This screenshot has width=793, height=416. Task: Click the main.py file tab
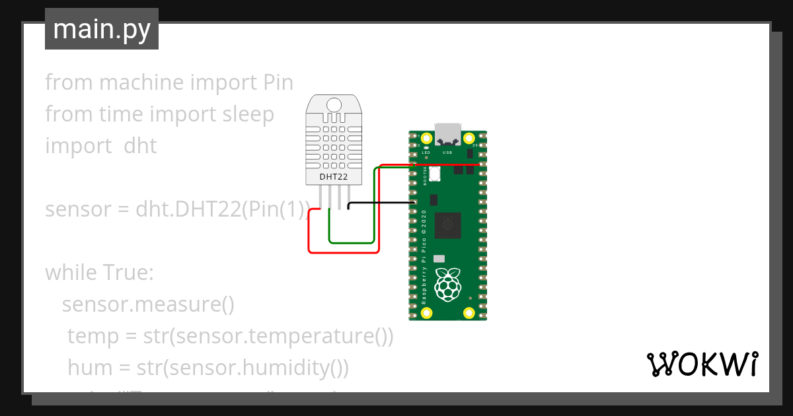(x=101, y=29)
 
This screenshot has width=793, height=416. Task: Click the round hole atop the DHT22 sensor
(x=334, y=104)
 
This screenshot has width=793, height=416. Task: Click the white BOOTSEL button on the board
(x=435, y=174)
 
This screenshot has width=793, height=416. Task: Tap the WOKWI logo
(x=702, y=364)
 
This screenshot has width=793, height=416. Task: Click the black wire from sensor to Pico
(x=380, y=203)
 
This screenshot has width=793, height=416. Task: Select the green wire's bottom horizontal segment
(x=352, y=242)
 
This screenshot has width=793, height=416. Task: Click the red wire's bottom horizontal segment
(x=344, y=252)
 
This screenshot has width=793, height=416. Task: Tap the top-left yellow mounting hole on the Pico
(x=426, y=139)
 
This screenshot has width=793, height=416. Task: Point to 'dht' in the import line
(x=140, y=146)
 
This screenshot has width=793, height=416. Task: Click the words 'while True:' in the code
(x=99, y=273)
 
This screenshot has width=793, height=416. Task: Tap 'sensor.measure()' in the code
(x=148, y=304)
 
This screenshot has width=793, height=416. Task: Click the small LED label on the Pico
(x=426, y=152)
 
